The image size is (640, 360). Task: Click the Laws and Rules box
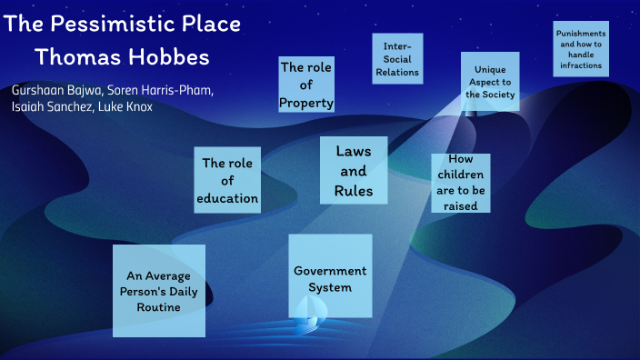[x=353, y=171]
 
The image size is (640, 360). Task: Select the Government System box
[x=330, y=275]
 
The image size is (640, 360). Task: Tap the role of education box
[x=227, y=180]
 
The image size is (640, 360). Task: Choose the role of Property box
[x=306, y=85]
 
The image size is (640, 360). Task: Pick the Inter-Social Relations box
[x=397, y=58]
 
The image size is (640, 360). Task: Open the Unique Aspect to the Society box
[x=490, y=81]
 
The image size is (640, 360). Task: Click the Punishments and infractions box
[x=581, y=49]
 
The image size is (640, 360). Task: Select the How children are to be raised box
[x=461, y=182]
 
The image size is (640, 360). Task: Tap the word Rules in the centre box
[x=353, y=191]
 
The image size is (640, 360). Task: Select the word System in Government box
[x=330, y=287]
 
